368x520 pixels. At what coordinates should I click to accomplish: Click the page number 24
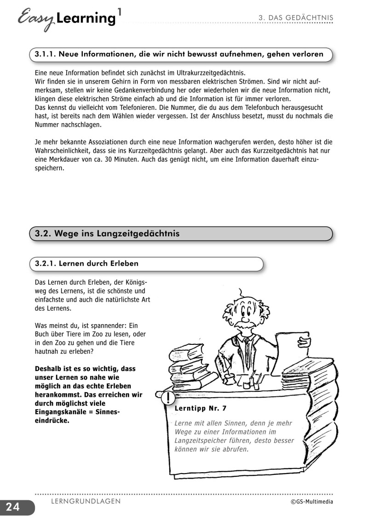[13, 507]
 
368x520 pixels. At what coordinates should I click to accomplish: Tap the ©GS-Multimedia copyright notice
[311, 502]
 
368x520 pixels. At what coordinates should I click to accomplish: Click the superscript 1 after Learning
[120, 12]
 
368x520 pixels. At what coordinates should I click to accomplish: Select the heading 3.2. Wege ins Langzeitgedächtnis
[107, 234]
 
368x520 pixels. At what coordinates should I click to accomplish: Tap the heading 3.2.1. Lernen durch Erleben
[86, 264]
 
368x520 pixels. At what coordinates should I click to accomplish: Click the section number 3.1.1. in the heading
[45, 54]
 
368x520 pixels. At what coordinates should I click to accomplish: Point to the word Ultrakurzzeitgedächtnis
[208, 73]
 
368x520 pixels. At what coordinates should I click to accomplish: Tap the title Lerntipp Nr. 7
[201, 408]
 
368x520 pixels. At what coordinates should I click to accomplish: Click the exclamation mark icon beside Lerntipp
[170, 397]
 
